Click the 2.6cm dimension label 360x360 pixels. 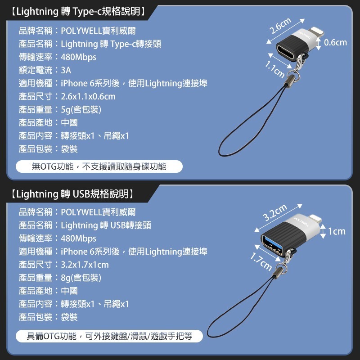point(280,26)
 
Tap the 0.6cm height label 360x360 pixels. point(335,42)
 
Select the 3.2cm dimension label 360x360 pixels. point(275,212)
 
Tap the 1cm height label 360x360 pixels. point(337,231)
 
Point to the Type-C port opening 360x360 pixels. point(286,53)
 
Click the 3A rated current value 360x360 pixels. point(66,70)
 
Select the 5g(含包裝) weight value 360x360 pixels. point(81,109)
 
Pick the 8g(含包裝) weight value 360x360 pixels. point(81,278)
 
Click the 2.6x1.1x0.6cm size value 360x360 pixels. point(88,96)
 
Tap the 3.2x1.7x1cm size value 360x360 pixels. point(85,265)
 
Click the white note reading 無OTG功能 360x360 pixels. point(99,166)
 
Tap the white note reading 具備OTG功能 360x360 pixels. point(109,336)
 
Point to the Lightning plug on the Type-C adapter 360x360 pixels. point(317,32)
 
